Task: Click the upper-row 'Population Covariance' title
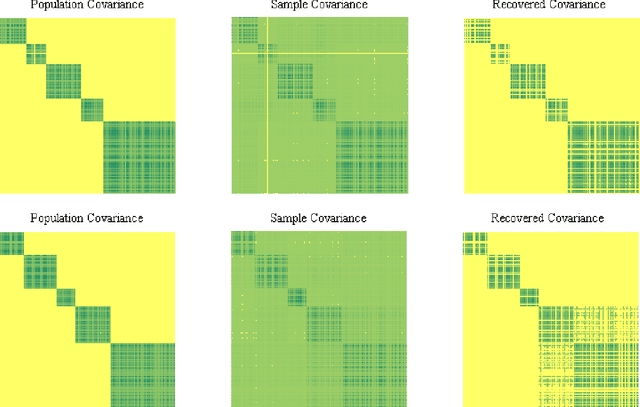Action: (x=87, y=6)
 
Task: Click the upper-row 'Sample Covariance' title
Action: (x=320, y=6)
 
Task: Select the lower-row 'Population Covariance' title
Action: (x=87, y=217)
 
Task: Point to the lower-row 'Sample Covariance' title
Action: (x=320, y=217)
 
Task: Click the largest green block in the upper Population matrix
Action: (x=140, y=157)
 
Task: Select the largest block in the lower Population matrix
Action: (x=142, y=374)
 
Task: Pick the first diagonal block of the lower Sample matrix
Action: (x=244, y=242)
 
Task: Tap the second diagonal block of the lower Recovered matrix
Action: (x=499, y=264)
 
